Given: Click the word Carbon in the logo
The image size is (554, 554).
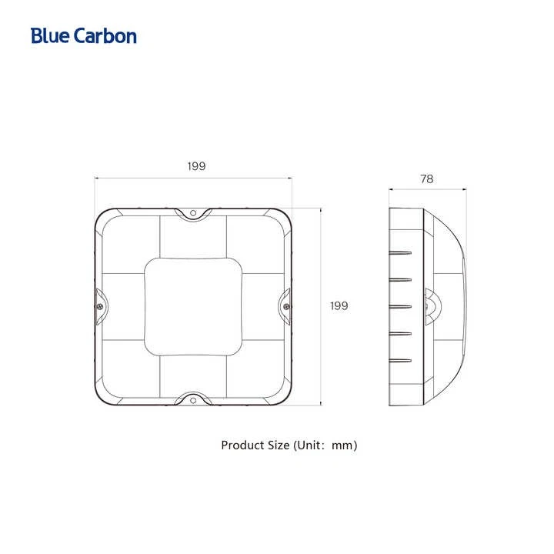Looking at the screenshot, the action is [x=105, y=35].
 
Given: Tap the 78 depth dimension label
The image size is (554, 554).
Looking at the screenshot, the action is [x=427, y=179].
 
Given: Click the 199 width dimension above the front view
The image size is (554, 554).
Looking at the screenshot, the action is [x=196, y=166].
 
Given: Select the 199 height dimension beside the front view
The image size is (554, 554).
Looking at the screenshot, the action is [x=339, y=305].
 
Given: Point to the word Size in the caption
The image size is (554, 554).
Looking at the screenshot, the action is [x=279, y=446].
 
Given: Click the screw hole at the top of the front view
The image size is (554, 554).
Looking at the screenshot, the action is [x=193, y=213].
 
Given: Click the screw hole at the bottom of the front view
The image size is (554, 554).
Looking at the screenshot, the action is [x=193, y=400].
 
